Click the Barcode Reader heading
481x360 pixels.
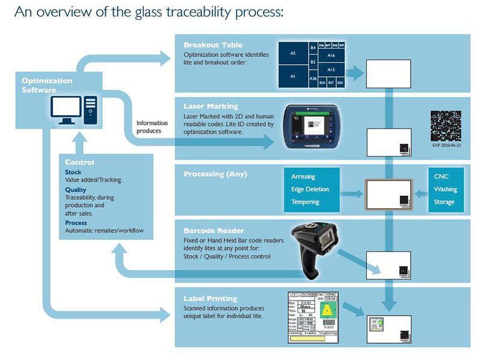pos(213,230)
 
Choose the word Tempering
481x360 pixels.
pos(305,202)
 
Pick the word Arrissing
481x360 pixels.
pos(303,176)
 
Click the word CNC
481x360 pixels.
pos(441,176)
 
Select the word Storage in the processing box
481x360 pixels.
pos(445,202)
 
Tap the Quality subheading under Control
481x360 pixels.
pos(76,190)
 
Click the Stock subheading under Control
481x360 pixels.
pos(73,172)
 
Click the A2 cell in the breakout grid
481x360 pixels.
pos(293,53)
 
